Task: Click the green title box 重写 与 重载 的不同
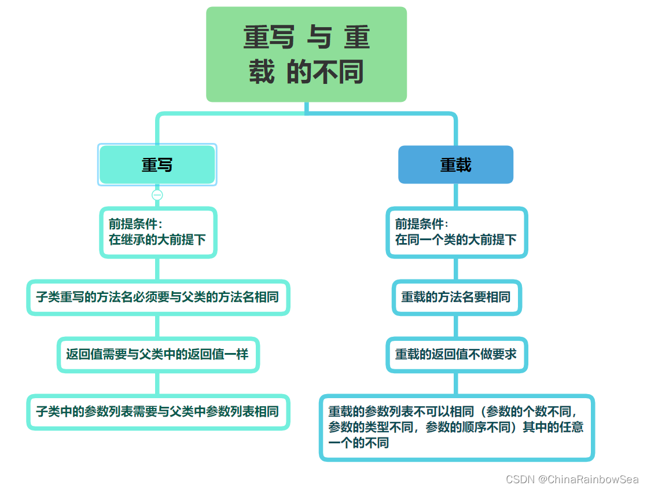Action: coord(306,54)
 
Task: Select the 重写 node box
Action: coord(157,165)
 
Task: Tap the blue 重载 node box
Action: coord(455,165)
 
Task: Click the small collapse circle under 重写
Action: coord(157,195)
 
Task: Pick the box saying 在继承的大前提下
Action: coord(158,232)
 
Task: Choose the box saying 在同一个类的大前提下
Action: coord(457,232)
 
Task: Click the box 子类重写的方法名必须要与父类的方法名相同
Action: coord(158,297)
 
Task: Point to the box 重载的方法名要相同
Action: coord(457,297)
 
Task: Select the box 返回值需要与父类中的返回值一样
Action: coord(158,354)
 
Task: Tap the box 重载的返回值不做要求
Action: coord(457,354)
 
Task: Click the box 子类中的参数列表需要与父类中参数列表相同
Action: coord(158,411)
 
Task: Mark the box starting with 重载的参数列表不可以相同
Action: coord(457,428)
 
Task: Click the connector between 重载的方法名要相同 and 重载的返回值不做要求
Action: coord(457,326)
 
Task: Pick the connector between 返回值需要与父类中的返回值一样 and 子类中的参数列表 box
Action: coord(157,383)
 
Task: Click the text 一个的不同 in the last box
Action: coord(359,443)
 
